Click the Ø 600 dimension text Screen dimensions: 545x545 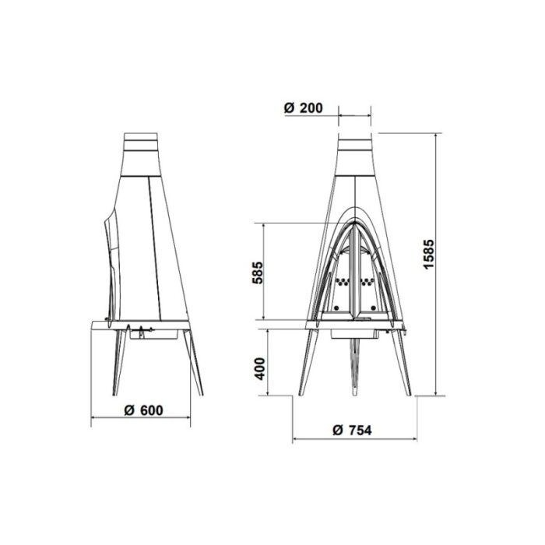142,410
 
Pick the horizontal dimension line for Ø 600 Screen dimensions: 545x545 142,421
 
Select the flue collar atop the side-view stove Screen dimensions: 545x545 142,144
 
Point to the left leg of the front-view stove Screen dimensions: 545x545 310,358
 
